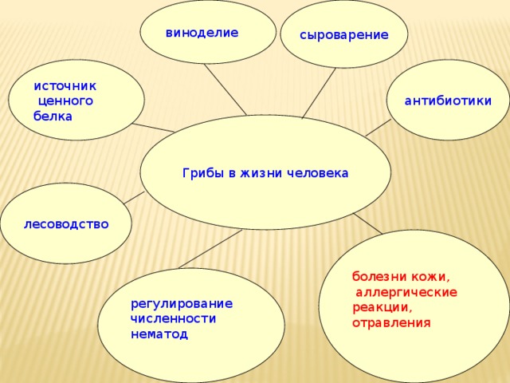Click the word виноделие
(x=202, y=33)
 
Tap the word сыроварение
(x=344, y=35)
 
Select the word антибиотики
(x=448, y=101)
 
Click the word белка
(x=53, y=116)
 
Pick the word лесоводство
(x=66, y=223)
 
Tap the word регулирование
(x=182, y=304)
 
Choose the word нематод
(x=159, y=334)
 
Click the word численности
(x=173, y=318)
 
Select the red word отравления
(x=391, y=323)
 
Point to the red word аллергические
(x=406, y=293)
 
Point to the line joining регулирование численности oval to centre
(x=209, y=249)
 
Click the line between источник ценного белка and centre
(x=154, y=128)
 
